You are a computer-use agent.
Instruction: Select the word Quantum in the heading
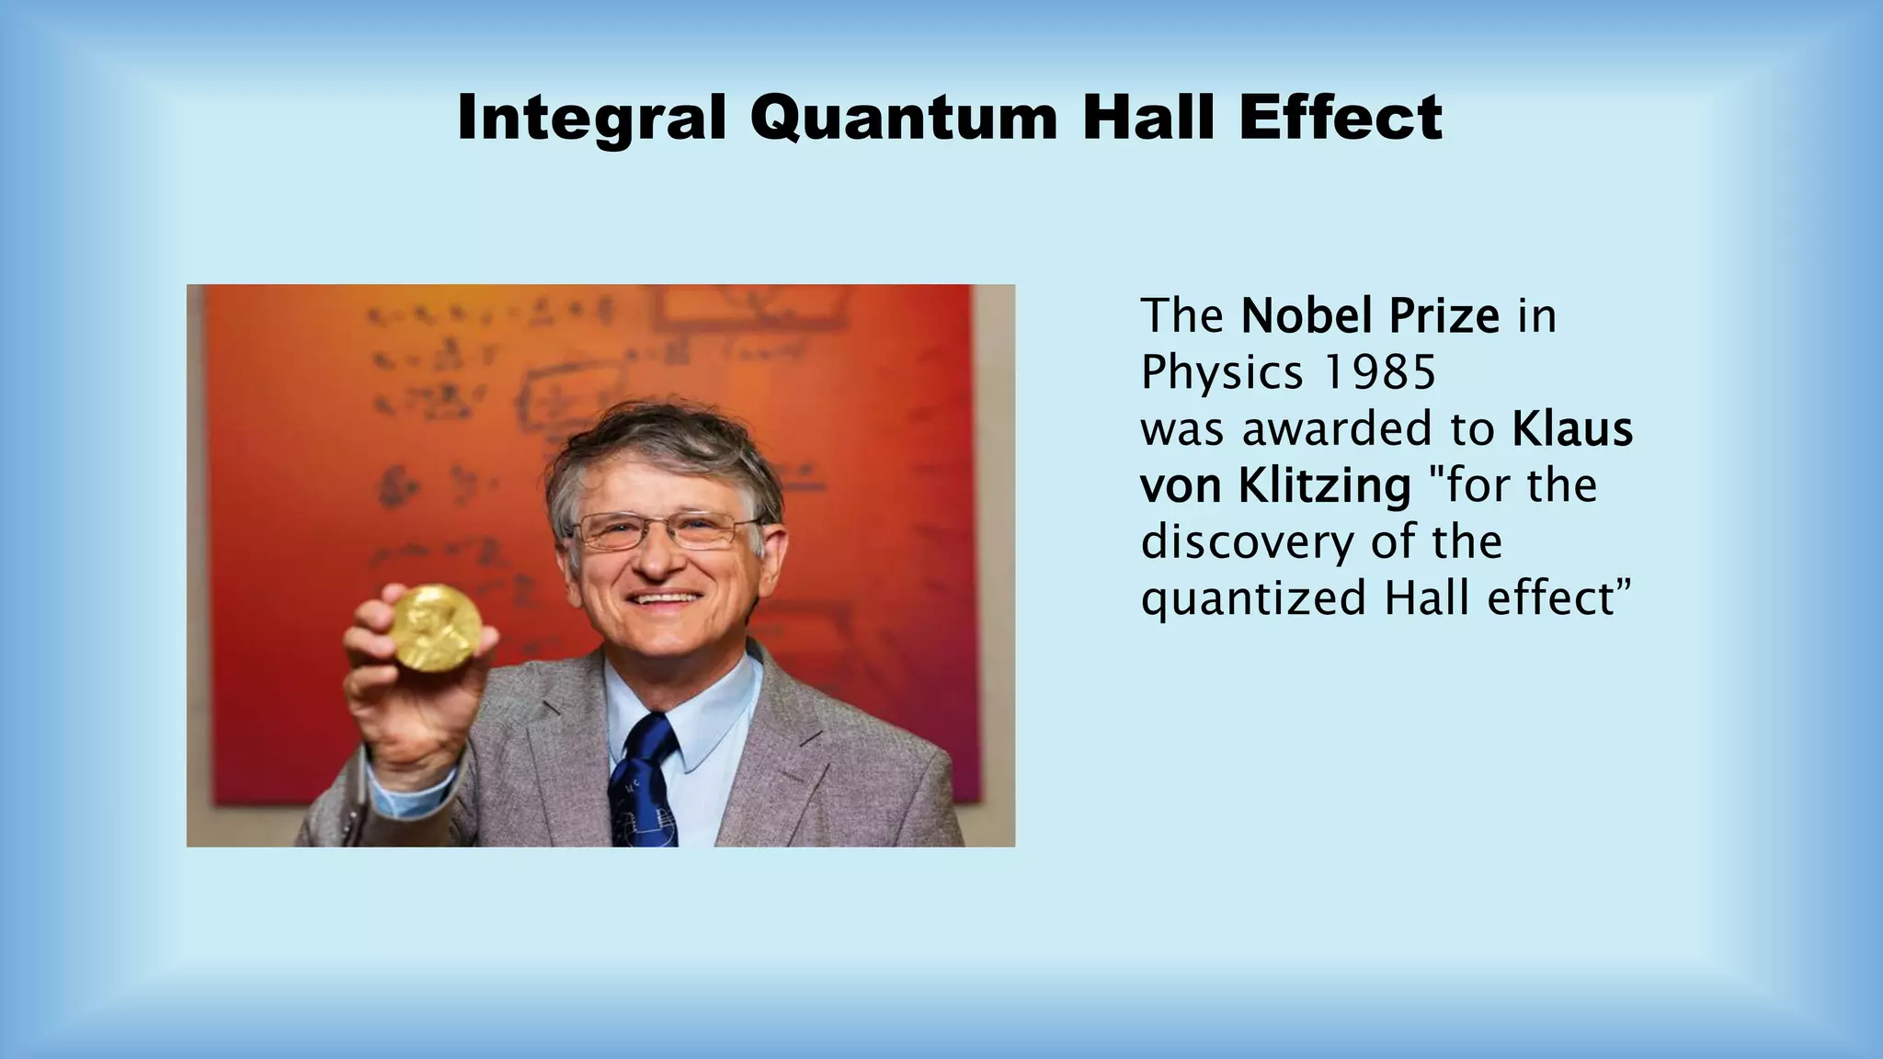click(904, 120)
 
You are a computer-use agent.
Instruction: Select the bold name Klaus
click(1572, 429)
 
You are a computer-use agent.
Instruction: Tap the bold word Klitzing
click(1324, 486)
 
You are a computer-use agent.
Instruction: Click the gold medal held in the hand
click(435, 627)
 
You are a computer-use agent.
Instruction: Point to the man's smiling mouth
click(667, 598)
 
